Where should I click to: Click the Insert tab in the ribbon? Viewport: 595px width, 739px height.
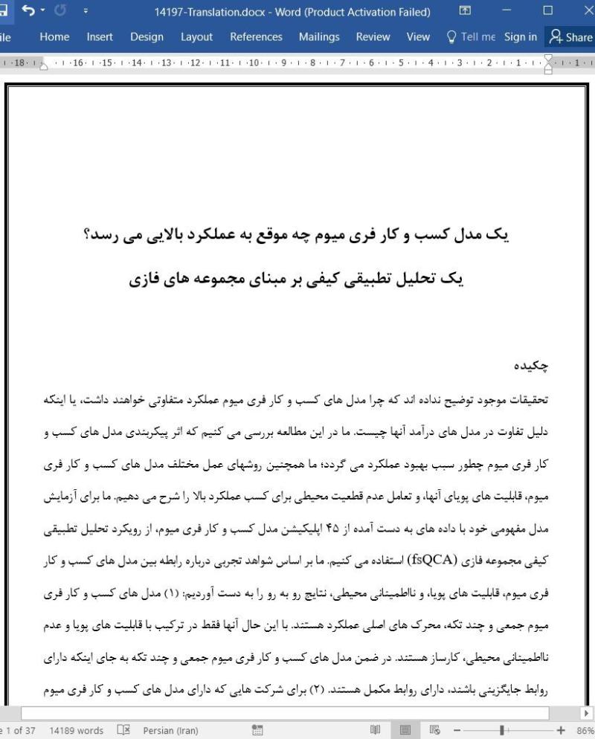click(100, 36)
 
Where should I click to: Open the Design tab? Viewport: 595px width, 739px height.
click(147, 36)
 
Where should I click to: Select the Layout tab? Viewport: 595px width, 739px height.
click(196, 36)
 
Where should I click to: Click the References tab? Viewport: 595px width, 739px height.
click(256, 36)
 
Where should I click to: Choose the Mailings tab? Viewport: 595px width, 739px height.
click(319, 36)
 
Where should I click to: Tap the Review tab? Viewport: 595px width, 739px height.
click(373, 36)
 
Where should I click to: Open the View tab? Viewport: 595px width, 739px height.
click(418, 36)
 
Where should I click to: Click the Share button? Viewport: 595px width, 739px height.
click(570, 36)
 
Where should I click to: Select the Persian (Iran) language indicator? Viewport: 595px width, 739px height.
click(170, 730)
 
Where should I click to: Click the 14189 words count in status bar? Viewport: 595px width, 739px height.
click(77, 730)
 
